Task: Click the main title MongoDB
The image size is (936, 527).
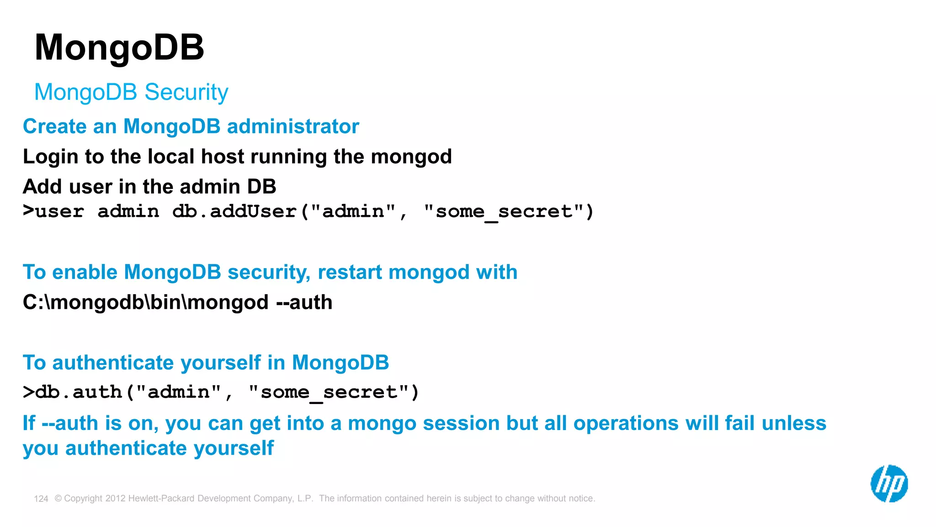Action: pos(119,48)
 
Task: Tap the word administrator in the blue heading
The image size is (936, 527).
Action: pos(293,127)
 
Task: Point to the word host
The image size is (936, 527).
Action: pos(223,157)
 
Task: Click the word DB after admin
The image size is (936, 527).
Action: pos(261,187)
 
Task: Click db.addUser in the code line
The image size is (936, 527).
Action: pos(234,211)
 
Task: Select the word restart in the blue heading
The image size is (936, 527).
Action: pos(350,273)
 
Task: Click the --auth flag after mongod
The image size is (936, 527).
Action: pos(304,302)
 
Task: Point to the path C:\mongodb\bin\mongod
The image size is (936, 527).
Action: pos(145,302)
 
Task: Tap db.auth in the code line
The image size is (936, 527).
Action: pos(79,392)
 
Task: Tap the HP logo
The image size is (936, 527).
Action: pos(889,484)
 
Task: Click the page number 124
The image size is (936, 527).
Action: pos(41,499)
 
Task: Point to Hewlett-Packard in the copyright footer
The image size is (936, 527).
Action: pos(162,498)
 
